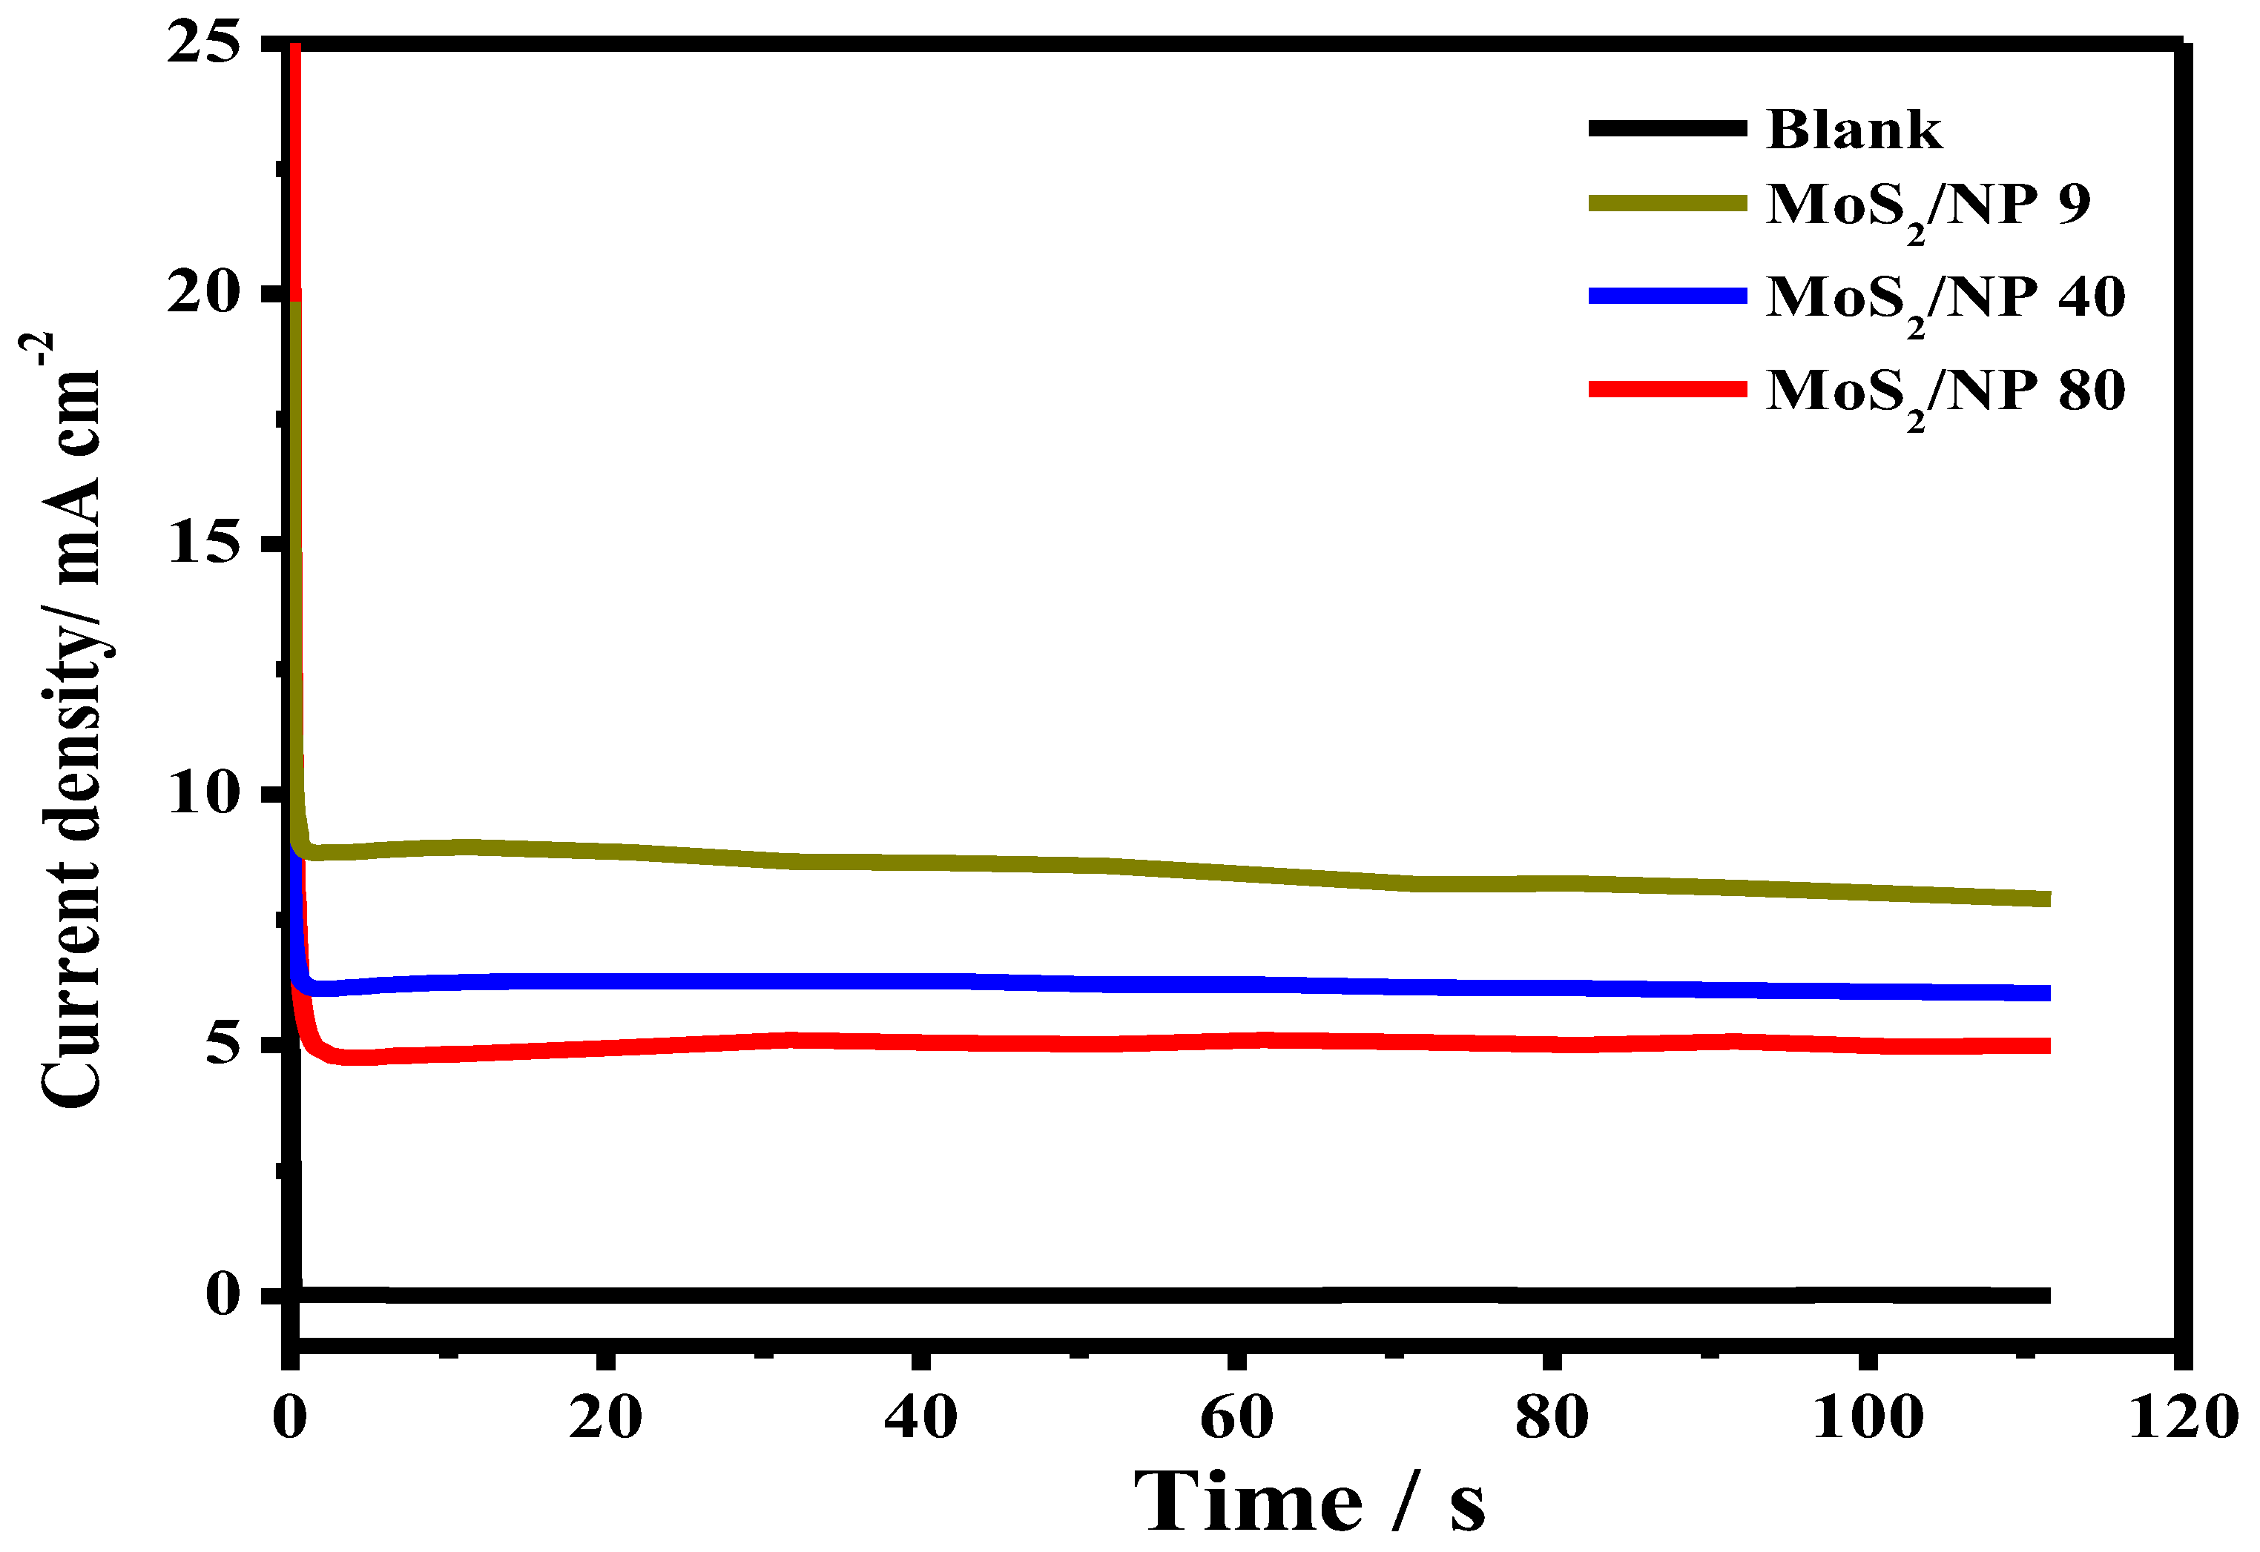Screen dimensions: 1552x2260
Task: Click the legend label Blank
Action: pyautogui.click(x=1854, y=129)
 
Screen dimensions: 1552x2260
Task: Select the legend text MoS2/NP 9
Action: pyautogui.click(x=1927, y=207)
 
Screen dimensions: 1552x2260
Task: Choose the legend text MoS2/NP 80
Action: pyautogui.click(x=1945, y=394)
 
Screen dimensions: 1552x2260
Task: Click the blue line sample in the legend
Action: pyautogui.click(x=1667, y=296)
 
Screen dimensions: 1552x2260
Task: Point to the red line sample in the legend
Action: pyautogui.click(x=1667, y=389)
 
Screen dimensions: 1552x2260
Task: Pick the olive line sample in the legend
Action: pyautogui.click(x=1667, y=202)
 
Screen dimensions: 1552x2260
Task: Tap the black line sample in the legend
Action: pyautogui.click(x=1667, y=127)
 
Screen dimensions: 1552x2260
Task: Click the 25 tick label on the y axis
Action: pyautogui.click(x=203, y=43)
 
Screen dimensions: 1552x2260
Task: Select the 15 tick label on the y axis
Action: pyautogui.click(x=203, y=542)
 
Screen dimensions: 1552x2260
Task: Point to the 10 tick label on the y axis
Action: pyautogui.click(x=203, y=792)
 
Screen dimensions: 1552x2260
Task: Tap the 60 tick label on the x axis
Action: pyautogui.click(x=1236, y=1417)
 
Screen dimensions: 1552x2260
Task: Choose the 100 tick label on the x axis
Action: pyautogui.click(x=1867, y=1417)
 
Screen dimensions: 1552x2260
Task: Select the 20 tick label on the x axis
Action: pyautogui.click(x=605, y=1417)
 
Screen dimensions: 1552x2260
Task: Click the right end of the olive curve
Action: pyautogui.click(x=2047, y=898)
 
